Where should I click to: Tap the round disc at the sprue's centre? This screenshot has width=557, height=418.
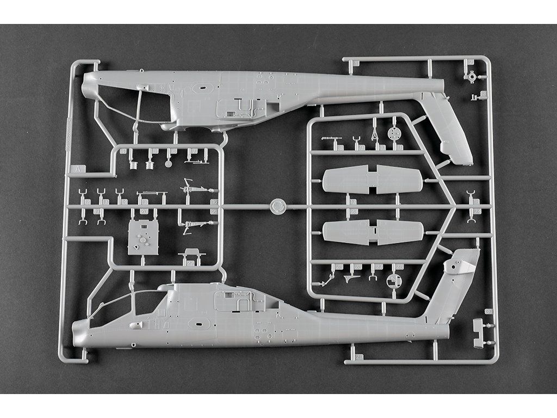click(278, 206)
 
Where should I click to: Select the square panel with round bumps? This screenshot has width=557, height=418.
click(143, 237)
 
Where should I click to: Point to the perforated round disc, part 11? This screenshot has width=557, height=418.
click(394, 133)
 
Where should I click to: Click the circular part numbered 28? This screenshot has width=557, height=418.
click(393, 281)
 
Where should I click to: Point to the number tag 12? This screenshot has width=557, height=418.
click(87, 202)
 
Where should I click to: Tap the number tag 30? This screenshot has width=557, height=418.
click(488, 312)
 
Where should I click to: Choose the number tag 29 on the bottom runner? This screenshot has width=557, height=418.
click(360, 358)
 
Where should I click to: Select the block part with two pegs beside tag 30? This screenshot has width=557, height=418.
click(478, 333)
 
